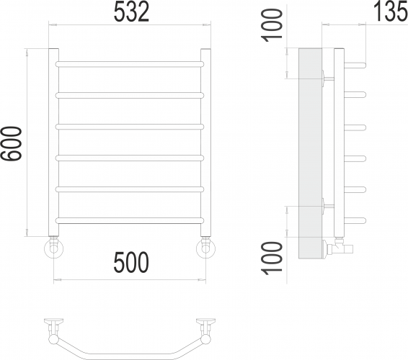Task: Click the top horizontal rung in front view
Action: (x=130, y=64)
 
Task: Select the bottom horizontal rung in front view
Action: (x=130, y=218)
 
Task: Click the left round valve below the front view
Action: (x=53, y=249)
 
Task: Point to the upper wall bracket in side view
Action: (x=328, y=76)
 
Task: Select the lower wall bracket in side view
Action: (x=328, y=204)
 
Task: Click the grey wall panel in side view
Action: (x=310, y=144)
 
